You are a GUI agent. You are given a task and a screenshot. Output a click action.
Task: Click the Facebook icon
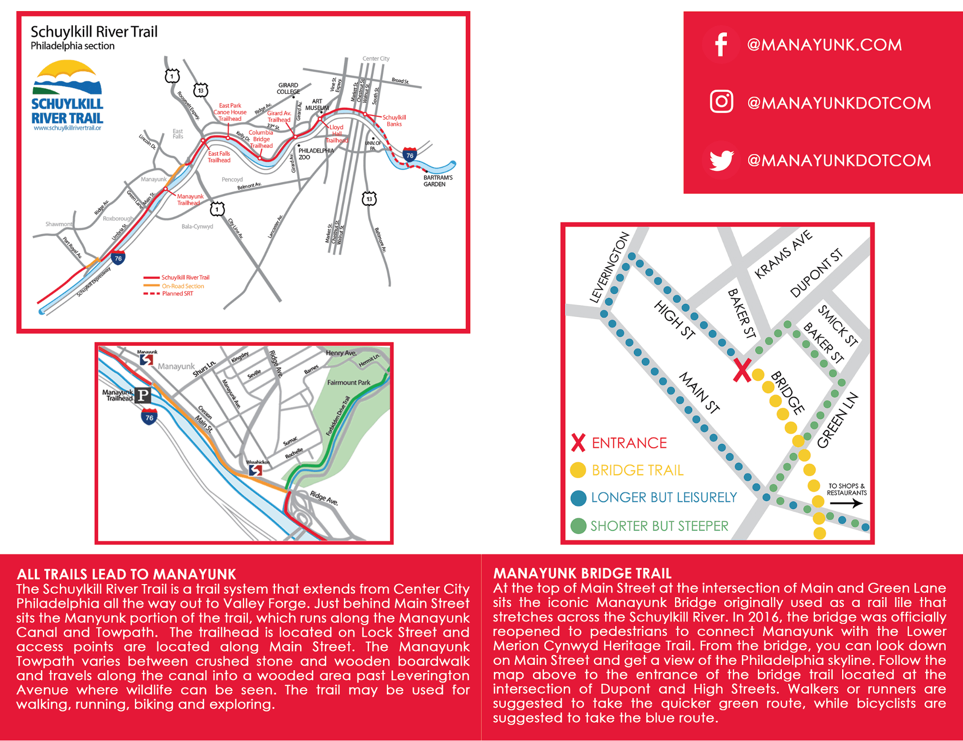coord(721,45)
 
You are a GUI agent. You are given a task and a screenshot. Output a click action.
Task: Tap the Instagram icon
coord(721,102)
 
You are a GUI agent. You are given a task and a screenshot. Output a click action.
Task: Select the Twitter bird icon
coord(721,160)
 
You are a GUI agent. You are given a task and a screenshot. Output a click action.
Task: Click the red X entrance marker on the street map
coord(741,371)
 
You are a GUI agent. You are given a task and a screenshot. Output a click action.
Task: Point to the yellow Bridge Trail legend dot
coord(578,470)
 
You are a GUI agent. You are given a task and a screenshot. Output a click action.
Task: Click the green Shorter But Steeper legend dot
coord(578,526)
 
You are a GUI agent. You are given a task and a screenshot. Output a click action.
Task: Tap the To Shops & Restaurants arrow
coord(846,504)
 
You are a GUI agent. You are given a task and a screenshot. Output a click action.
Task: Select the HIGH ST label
coord(674,320)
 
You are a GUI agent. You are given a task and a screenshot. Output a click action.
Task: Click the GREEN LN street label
coord(838,420)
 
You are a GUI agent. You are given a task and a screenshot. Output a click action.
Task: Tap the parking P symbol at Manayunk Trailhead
coord(143,395)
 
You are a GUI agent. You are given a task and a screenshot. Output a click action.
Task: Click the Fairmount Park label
coord(348,382)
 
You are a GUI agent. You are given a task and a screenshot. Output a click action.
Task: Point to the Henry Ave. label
coord(341,353)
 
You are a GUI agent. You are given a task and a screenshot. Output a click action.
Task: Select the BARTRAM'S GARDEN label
coord(437,181)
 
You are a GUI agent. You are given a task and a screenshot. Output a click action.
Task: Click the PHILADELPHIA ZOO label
coord(316,154)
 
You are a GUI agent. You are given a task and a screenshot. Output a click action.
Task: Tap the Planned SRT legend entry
coord(176,294)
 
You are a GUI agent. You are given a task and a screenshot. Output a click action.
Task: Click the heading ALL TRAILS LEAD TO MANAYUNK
coord(126,574)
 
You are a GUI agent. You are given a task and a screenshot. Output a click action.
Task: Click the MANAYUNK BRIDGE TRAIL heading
coord(582,573)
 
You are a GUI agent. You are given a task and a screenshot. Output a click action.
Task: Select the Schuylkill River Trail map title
coord(94,32)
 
